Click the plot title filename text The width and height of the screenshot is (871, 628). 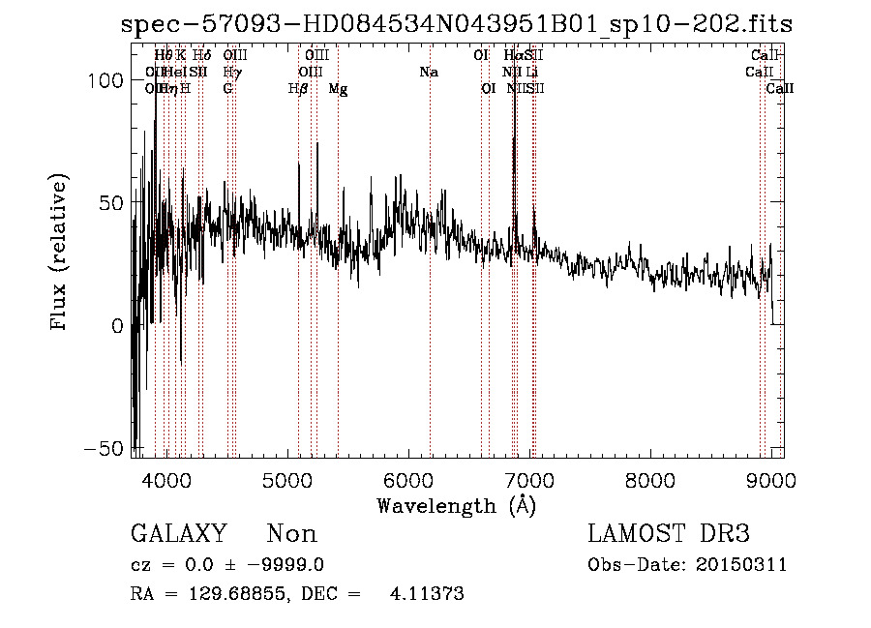[x=457, y=24]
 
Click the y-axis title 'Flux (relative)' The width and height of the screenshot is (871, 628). [x=60, y=254]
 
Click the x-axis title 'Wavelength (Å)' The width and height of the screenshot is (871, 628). [x=457, y=505]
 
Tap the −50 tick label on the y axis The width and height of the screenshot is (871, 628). [x=105, y=449]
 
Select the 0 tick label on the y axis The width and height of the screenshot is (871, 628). [x=117, y=326]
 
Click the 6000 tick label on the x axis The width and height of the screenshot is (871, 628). [x=407, y=481]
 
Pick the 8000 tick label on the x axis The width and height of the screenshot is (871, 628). [x=649, y=481]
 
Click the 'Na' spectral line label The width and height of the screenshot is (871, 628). [x=428, y=72]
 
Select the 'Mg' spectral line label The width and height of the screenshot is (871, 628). [x=338, y=89]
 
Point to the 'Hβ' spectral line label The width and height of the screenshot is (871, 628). [x=298, y=89]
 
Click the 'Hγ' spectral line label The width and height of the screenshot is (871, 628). [x=231, y=72]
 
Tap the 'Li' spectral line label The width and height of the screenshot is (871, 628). [x=532, y=72]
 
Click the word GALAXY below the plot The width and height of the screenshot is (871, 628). [x=178, y=534]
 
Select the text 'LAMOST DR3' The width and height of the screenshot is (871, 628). [x=668, y=534]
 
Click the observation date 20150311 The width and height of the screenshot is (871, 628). [x=744, y=565]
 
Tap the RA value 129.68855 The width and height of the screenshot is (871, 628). [x=241, y=594]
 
